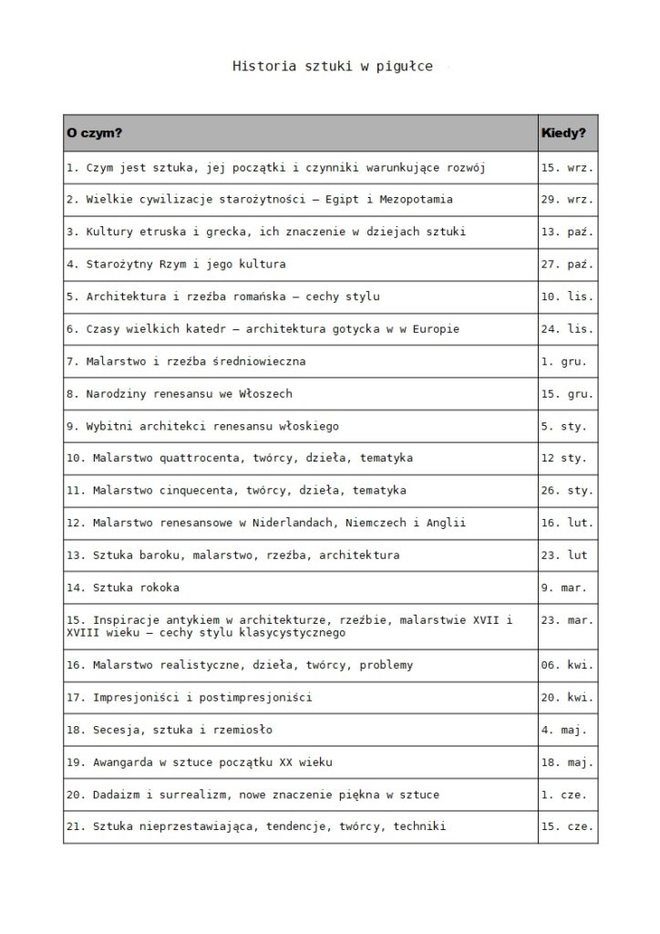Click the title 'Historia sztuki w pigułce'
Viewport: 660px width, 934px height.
(332, 66)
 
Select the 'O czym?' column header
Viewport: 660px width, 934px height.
(94, 133)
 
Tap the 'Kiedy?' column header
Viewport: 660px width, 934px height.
(563, 133)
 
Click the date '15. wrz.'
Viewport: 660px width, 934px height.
(567, 167)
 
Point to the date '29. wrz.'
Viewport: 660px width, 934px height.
(567, 199)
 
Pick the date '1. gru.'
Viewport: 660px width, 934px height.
(563, 361)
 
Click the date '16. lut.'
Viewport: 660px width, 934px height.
(567, 524)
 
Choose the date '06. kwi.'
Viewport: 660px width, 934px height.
(567, 665)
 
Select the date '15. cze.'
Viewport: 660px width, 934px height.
(567, 827)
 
